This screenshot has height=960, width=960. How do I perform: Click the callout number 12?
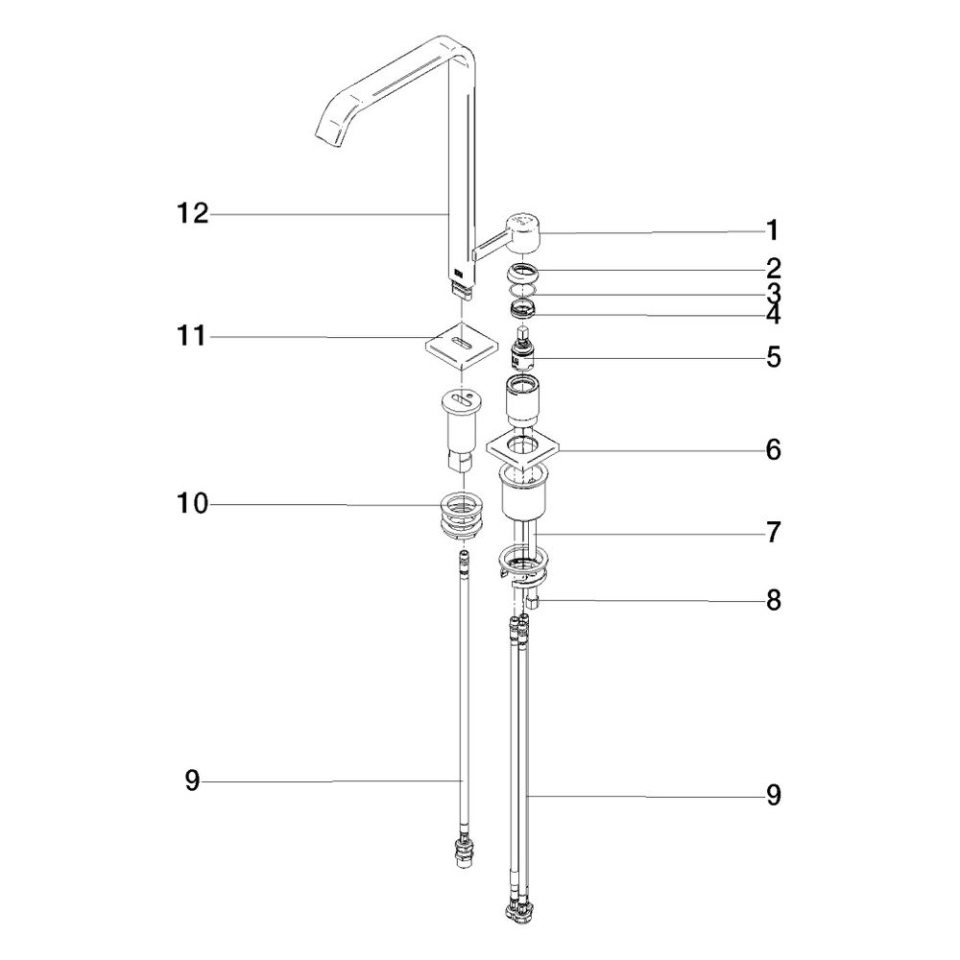193,214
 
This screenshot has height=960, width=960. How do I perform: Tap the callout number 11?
191,336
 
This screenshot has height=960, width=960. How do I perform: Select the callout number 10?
193,504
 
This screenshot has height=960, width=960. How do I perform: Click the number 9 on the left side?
192,780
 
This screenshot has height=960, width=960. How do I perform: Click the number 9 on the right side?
774,795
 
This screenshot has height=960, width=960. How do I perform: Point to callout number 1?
773,230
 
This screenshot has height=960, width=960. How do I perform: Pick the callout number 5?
774,357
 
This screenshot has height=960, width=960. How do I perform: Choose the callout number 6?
774,450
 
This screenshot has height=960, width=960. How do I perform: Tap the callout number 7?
774,533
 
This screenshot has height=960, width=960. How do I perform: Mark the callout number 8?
774,601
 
